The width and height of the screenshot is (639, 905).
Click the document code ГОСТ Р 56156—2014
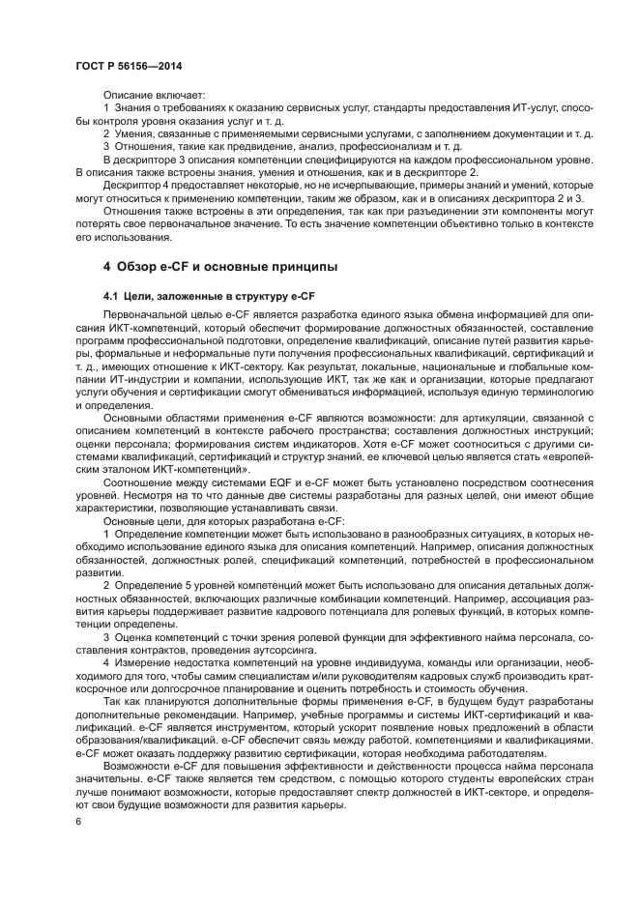tap(129, 66)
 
